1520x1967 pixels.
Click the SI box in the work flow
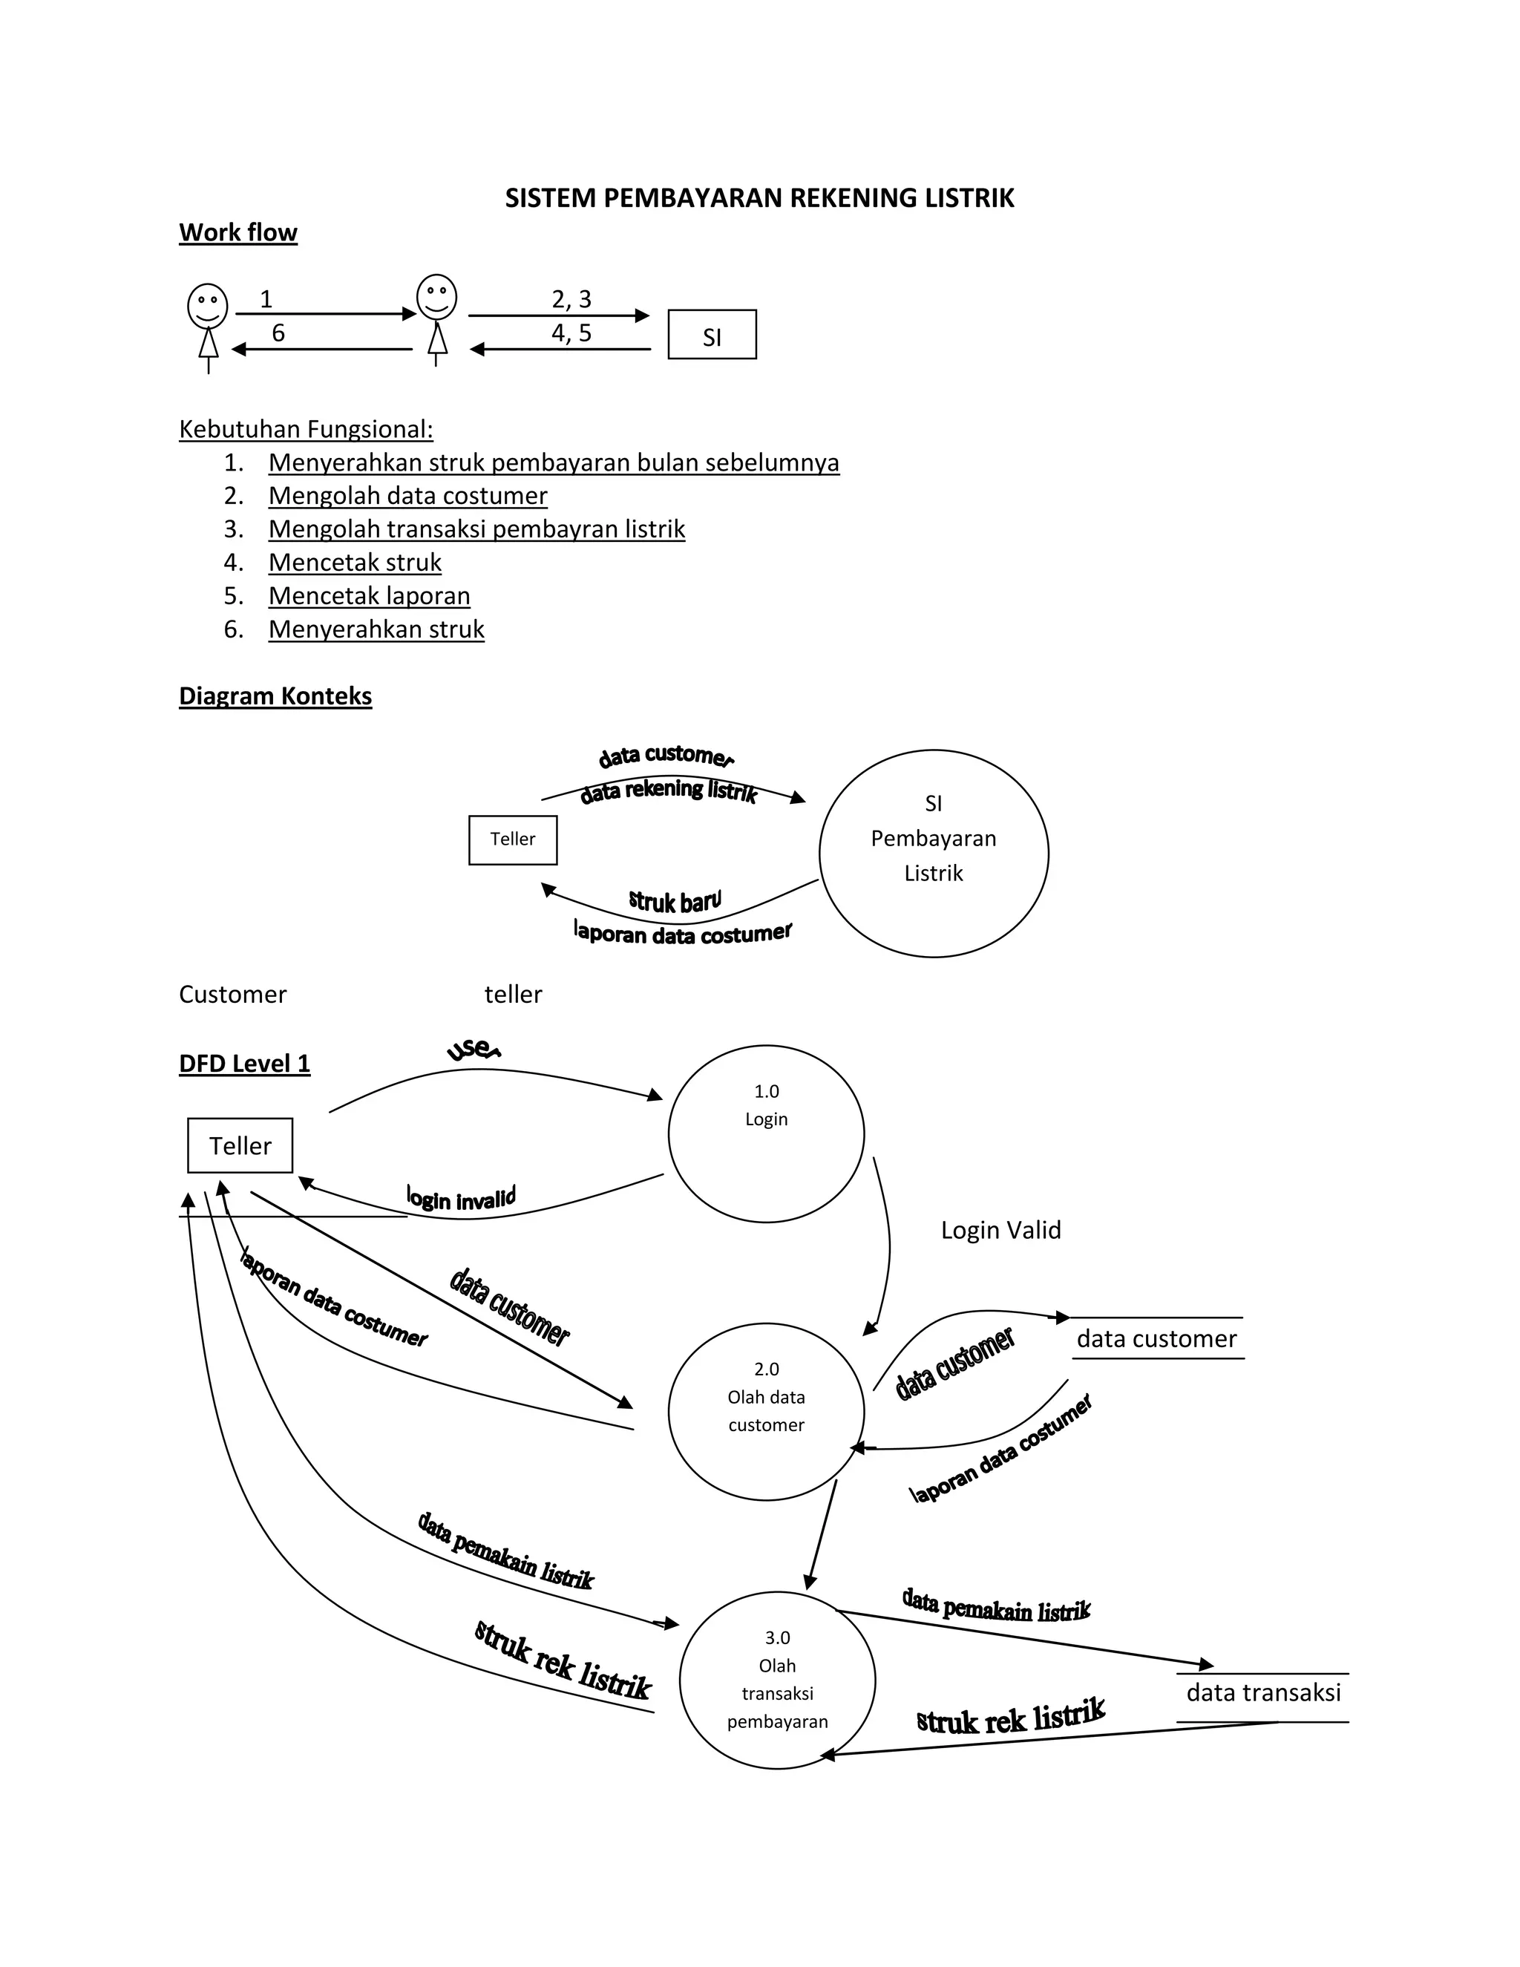711,335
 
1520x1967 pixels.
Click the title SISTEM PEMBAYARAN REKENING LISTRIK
759,198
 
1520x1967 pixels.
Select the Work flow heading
237,232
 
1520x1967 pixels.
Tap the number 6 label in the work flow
278,333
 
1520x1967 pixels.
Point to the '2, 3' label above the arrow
571,299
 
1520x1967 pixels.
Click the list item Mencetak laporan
369,596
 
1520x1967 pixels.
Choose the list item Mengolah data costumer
407,497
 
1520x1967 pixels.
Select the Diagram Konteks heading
275,696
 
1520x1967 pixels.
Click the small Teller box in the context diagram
512,840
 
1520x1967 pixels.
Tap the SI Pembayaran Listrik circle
933,853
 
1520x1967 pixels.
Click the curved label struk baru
675,900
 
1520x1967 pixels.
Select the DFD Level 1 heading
244,1064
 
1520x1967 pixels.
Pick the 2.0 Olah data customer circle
765,1410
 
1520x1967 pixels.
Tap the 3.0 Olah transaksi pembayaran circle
776,1679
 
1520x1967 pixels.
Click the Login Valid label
1000,1230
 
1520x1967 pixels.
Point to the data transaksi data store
1262,1693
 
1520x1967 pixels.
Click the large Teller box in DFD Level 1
240,1145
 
